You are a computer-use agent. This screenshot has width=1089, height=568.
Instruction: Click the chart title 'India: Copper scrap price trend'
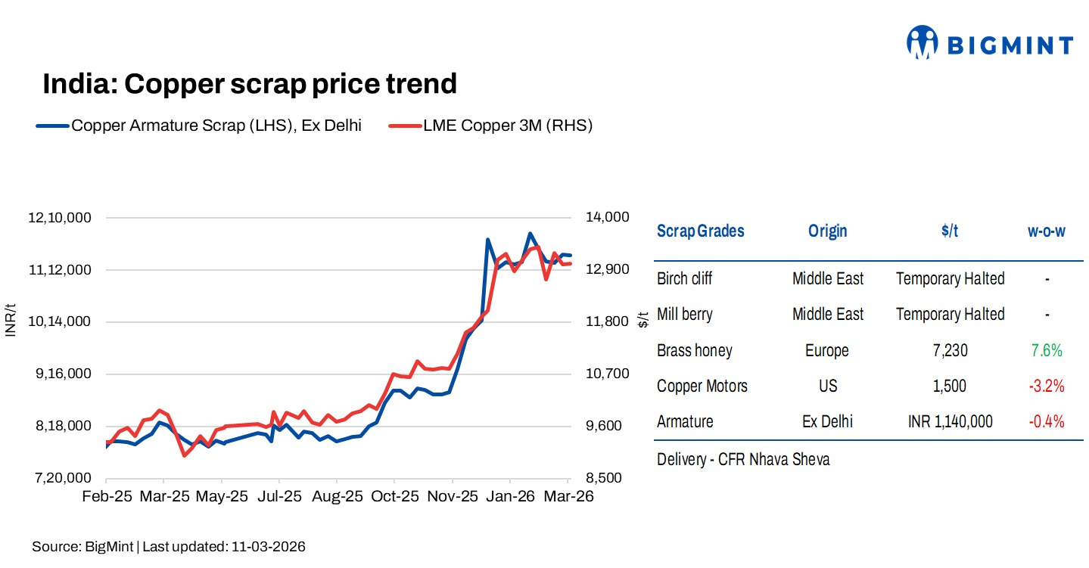pos(250,84)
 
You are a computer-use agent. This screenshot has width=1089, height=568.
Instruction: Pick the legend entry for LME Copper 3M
pos(490,126)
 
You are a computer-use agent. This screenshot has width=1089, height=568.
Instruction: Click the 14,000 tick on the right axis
pos(608,218)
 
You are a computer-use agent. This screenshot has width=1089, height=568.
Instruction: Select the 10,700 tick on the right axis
pos(608,374)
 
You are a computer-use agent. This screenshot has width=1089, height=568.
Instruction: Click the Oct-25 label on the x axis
pos(394,496)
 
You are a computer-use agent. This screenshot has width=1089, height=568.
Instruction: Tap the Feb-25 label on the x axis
pos(107,496)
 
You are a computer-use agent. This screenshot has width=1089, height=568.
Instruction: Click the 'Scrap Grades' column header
pos(700,231)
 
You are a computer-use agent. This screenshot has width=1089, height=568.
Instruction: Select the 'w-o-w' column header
pos(1046,231)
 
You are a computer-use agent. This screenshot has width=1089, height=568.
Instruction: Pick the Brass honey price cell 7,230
pos(950,350)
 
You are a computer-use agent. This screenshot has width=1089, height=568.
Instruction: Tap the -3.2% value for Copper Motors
pos(1046,386)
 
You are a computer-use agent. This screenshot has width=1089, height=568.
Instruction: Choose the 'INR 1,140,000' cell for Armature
pos(950,421)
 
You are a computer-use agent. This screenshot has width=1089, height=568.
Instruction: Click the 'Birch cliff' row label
pos(684,279)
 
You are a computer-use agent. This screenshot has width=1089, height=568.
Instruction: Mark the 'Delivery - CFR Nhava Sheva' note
pos(743,459)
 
